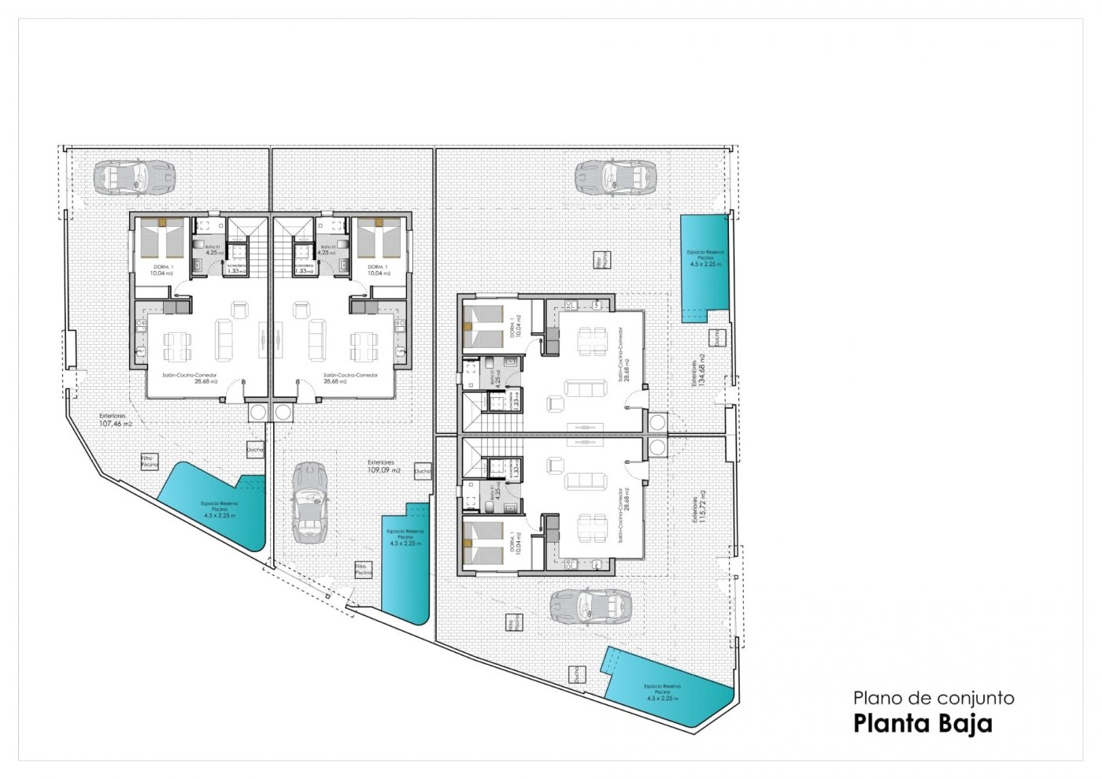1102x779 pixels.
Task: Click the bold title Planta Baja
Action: pos(923,723)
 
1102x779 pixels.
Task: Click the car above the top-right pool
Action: pos(615,177)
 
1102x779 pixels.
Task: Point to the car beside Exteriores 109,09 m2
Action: pos(309,503)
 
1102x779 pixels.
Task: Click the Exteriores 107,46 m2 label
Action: pos(115,420)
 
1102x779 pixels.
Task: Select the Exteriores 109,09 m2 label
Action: pos(383,467)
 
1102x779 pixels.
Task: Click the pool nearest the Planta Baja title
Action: pos(669,689)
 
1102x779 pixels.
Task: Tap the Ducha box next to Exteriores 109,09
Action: pos(423,471)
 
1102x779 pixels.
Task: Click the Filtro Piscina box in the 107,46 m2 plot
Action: pos(150,462)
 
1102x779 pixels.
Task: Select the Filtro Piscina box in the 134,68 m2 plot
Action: pos(600,261)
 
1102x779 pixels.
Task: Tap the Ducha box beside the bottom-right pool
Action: pos(578,674)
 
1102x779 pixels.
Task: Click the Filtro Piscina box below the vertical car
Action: pos(362,569)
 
